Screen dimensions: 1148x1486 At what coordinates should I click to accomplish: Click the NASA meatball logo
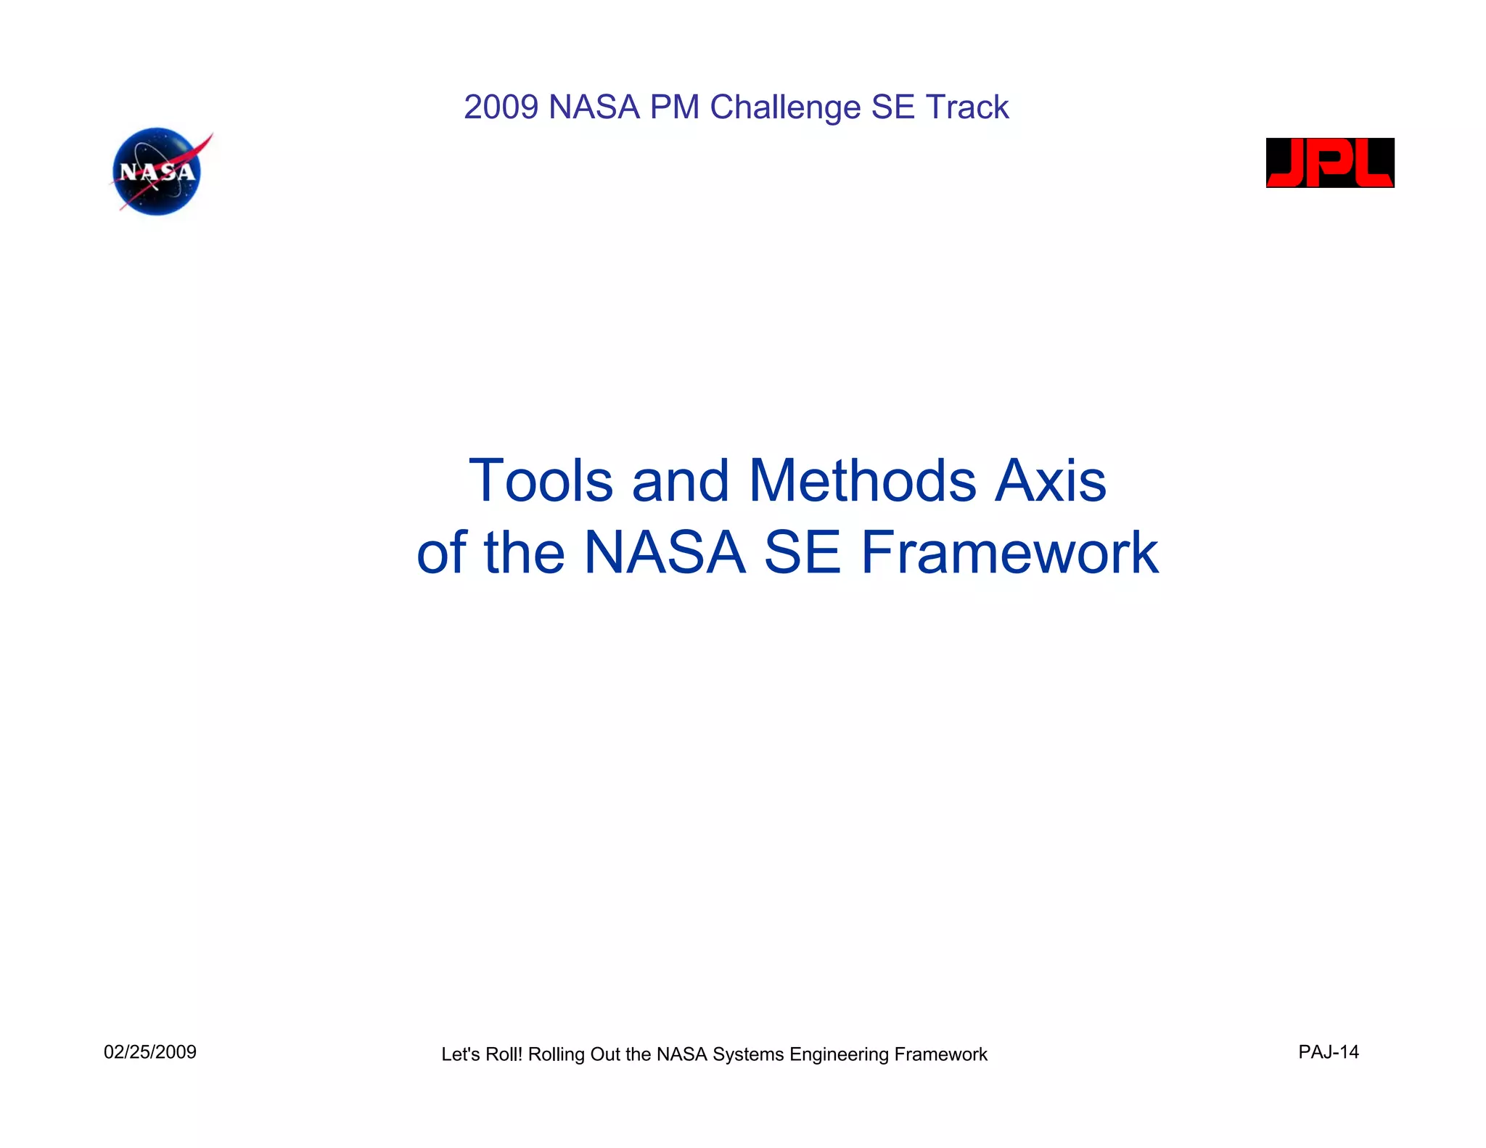157,172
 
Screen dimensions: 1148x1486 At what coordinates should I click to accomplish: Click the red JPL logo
1329,163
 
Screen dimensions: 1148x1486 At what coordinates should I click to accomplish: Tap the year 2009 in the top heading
501,107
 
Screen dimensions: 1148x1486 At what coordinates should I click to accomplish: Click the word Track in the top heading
966,107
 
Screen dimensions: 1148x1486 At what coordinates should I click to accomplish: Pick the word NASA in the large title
665,553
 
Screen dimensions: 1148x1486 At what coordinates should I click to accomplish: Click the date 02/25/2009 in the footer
150,1052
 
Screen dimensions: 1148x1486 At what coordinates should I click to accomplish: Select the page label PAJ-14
1328,1052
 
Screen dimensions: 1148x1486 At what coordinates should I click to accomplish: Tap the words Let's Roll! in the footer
481,1054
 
